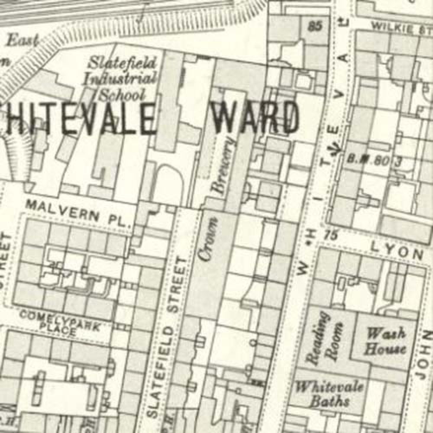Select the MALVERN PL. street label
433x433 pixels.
point(78,213)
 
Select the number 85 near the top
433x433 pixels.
point(316,26)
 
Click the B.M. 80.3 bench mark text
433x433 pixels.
point(374,160)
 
